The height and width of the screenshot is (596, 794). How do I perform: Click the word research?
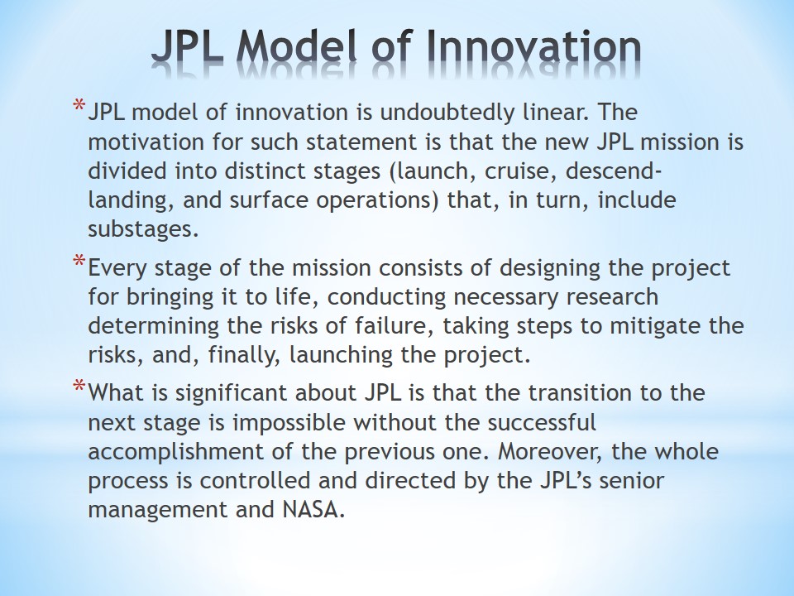[x=612, y=297]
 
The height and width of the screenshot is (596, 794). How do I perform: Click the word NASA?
[x=313, y=509]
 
